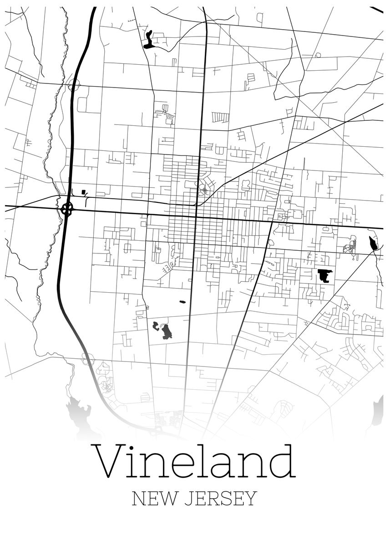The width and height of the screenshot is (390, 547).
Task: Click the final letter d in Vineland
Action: click(x=282, y=460)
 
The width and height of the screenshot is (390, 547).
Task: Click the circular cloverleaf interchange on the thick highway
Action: click(x=67, y=210)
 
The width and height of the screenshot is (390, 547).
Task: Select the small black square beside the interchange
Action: click(x=83, y=192)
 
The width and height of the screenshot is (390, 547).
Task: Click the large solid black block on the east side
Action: click(x=325, y=276)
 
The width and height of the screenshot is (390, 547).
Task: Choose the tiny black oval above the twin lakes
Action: click(x=183, y=302)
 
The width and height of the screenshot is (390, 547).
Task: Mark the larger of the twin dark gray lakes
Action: click(x=166, y=332)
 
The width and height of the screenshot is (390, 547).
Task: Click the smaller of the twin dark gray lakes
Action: click(x=156, y=325)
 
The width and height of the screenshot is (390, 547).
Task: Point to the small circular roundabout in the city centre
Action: click(x=205, y=190)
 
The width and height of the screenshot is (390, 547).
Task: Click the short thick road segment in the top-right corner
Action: click(x=376, y=9)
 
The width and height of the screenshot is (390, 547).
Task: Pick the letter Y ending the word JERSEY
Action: click(x=252, y=499)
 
